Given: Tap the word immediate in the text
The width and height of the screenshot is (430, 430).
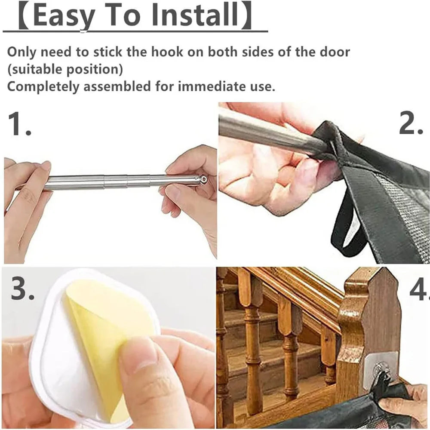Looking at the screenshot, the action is (208, 86).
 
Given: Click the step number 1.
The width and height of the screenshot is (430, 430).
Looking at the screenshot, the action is (19, 124).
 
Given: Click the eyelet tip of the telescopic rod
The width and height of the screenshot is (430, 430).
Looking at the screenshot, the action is (203, 179).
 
